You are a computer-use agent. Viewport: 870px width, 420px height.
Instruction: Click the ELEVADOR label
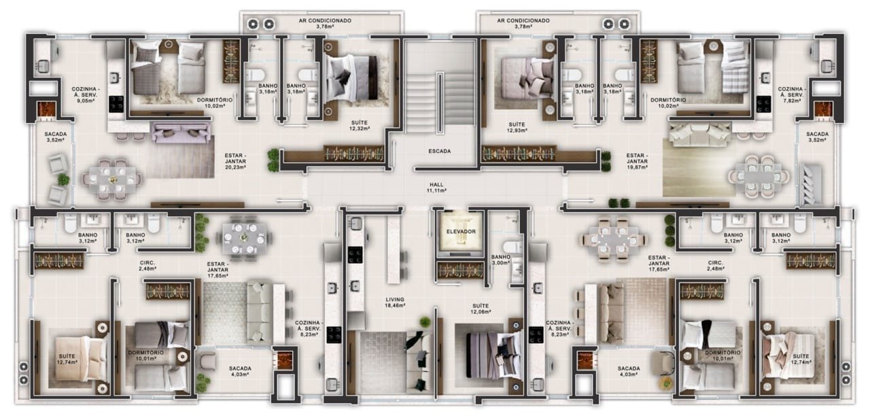(x=461, y=232)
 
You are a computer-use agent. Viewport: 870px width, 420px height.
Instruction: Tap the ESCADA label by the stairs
(x=440, y=151)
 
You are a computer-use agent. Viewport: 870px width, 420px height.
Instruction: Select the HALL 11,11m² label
(x=436, y=188)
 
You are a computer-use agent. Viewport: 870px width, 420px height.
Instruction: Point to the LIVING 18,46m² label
(x=395, y=302)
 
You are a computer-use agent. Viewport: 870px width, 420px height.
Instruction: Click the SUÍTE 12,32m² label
(x=360, y=125)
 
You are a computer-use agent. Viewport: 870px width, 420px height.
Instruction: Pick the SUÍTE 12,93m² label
(x=517, y=127)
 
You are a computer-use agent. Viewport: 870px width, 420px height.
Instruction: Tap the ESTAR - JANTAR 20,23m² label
(x=235, y=162)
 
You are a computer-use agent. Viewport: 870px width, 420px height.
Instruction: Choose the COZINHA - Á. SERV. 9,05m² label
(x=86, y=94)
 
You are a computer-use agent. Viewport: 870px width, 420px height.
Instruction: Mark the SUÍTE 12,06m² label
(x=481, y=309)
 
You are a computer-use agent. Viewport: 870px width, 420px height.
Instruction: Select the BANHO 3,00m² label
(x=501, y=260)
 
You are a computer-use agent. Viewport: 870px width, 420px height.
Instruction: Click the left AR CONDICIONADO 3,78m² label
(x=325, y=23)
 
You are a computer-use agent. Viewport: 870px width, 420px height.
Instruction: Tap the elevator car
(x=461, y=233)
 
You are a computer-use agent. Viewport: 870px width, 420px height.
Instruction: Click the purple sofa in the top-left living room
(x=181, y=133)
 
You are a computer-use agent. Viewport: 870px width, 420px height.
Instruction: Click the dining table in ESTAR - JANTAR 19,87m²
(x=759, y=177)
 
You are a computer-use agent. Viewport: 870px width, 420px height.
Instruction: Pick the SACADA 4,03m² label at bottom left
(x=240, y=371)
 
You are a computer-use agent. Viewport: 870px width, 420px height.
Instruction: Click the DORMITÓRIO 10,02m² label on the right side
(x=668, y=103)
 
